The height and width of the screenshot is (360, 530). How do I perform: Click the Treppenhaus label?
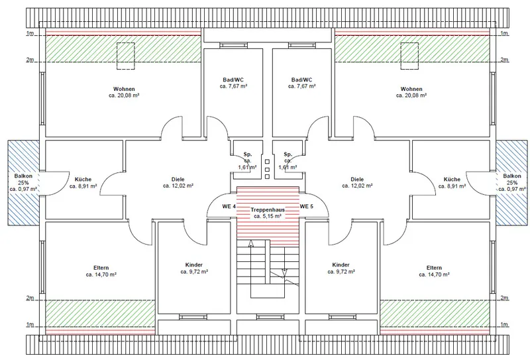coord(268,210)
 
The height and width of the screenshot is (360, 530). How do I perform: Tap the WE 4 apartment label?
coord(229,206)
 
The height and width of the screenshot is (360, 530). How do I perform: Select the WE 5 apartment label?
coord(306,206)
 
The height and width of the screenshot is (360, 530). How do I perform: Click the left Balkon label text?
coord(23,176)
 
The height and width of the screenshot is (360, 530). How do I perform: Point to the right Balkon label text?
coord(511,176)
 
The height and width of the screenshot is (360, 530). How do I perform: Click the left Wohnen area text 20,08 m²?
coord(124,95)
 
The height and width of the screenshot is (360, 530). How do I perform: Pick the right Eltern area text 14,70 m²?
coord(434,274)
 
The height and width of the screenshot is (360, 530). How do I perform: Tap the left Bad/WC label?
coord(233,80)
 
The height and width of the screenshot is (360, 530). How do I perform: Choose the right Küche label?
coord(452,179)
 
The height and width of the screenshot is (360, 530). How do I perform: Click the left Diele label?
coord(178,179)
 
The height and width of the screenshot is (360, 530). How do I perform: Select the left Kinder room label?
coord(194,265)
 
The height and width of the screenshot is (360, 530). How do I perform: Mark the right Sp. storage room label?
coord(288,154)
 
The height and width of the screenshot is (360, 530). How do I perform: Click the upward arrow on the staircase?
coord(251,243)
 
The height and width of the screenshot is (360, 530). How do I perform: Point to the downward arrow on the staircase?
coord(284,272)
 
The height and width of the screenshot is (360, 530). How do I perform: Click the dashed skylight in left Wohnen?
coord(126,56)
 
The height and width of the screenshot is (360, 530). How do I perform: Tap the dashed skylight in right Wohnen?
coord(409,56)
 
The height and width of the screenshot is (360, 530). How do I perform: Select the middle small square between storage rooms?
coord(267,169)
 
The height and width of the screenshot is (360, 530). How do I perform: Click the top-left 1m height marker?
coord(30,33)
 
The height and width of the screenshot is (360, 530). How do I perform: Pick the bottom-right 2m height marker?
coord(504,298)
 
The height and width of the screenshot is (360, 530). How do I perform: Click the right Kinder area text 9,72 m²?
coord(341,272)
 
